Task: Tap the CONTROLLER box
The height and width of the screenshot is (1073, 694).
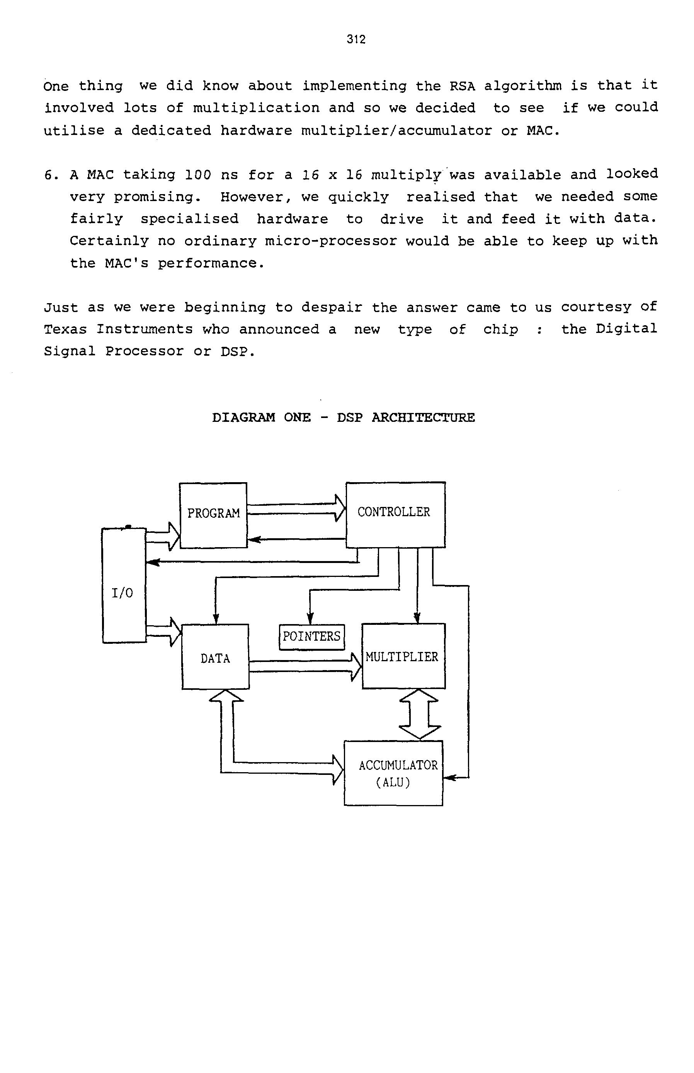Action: [x=395, y=514]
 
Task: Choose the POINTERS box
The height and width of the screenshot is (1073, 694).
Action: [x=311, y=636]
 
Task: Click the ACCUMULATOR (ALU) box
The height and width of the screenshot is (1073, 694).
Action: [x=393, y=773]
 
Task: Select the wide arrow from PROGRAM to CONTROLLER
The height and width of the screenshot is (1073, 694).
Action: [x=296, y=508]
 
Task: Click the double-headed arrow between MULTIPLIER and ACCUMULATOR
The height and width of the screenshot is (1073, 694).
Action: [x=420, y=714]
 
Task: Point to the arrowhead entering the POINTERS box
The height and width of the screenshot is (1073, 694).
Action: [x=310, y=620]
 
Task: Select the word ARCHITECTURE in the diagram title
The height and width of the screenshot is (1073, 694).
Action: [x=423, y=418]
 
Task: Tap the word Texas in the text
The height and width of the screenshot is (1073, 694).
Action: [x=65, y=329]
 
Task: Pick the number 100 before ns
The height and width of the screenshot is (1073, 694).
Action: [x=198, y=174]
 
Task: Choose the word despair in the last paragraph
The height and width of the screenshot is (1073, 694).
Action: [x=332, y=307]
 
